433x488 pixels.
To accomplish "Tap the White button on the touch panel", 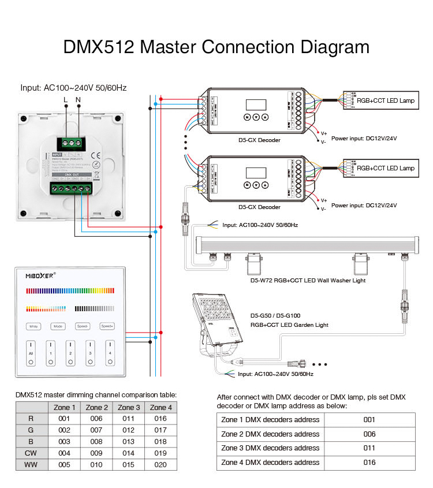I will click(x=33, y=326).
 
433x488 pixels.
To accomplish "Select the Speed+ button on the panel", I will click(x=107, y=326).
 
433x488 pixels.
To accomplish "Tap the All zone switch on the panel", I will click(x=31, y=353).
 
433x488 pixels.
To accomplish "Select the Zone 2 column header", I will click(x=96, y=407).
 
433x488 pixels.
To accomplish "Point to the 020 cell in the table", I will click(x=160, y=464).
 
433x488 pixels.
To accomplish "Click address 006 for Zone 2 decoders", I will click(x=369, y=434).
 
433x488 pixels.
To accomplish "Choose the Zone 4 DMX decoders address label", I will click(x=270, y=462).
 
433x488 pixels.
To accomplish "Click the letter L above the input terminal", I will click(x=65, y=100).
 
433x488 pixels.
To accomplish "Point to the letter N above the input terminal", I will click(x=79, y=100).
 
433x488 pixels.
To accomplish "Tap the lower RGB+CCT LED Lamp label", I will click(x=385, y=168).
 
